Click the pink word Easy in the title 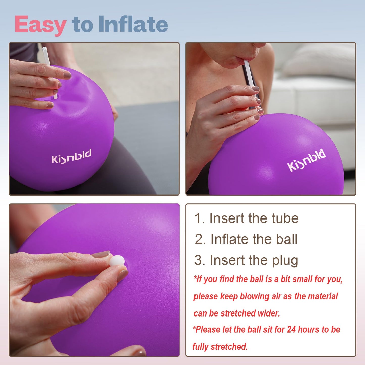tap(40, 25)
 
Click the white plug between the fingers tap(117, 261)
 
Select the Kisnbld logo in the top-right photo tap(306, 160)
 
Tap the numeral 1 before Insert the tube tap(199, 218)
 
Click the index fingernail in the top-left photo tap(67, 75)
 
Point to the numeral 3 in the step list tap(199, 260)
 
